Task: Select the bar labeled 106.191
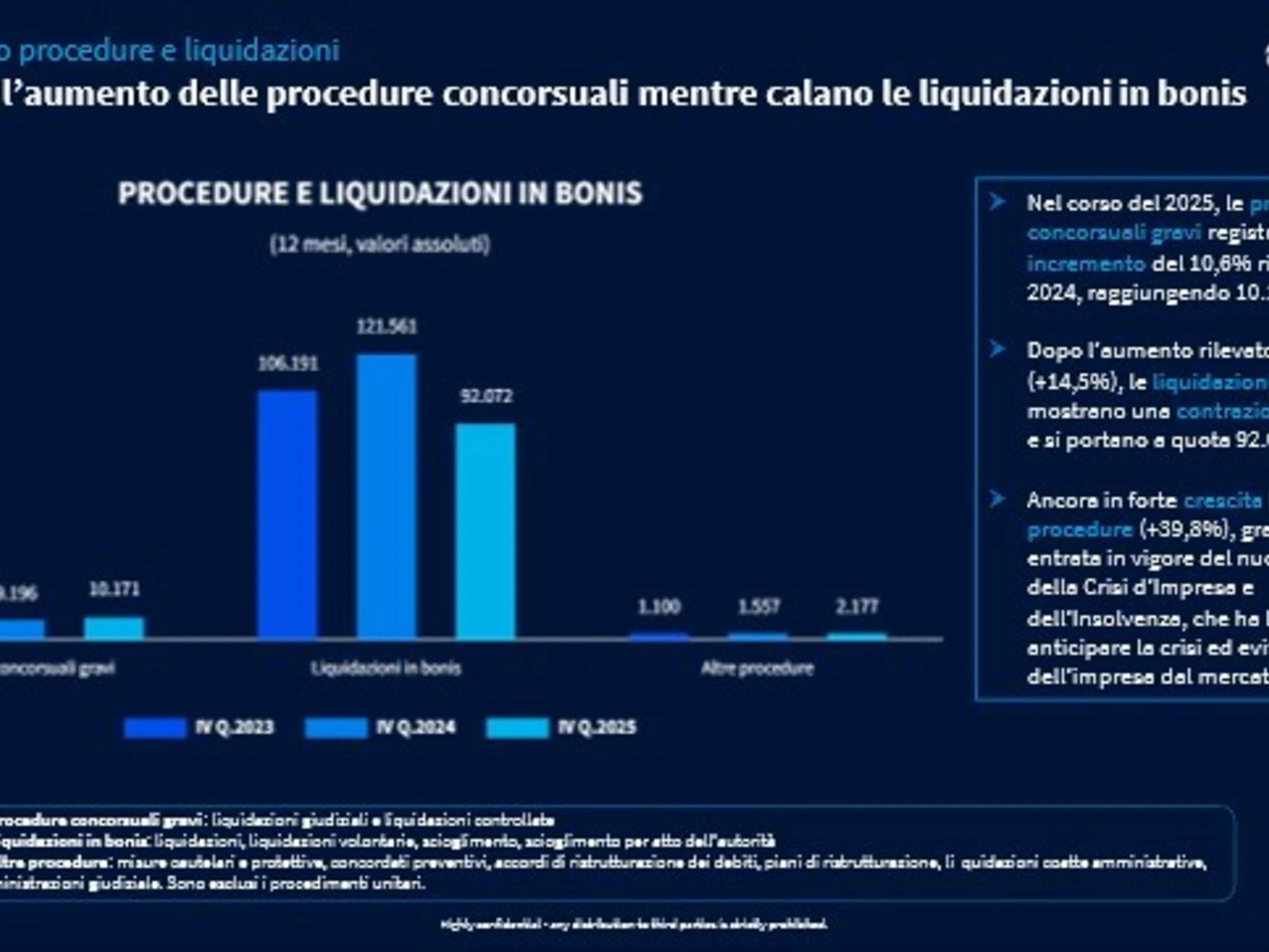(287, 514)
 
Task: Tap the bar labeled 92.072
(485, 531)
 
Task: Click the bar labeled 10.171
(114, 628)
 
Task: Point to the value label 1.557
(758, 607)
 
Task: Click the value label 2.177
(857, 607)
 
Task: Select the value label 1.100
(659, 607)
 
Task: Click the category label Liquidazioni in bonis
(386, 668)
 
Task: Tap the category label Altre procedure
(757, 668)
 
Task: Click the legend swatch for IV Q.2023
(155, 727)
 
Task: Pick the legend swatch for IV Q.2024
(336, 727)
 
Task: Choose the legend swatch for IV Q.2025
(517, 727)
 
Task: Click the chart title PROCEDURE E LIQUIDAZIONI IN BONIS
(380, 193)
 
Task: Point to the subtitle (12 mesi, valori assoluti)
(379, 244)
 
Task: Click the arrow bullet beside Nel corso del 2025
(997, 202)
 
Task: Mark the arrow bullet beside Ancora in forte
(997, 499)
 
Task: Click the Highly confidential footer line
(634, 924)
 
